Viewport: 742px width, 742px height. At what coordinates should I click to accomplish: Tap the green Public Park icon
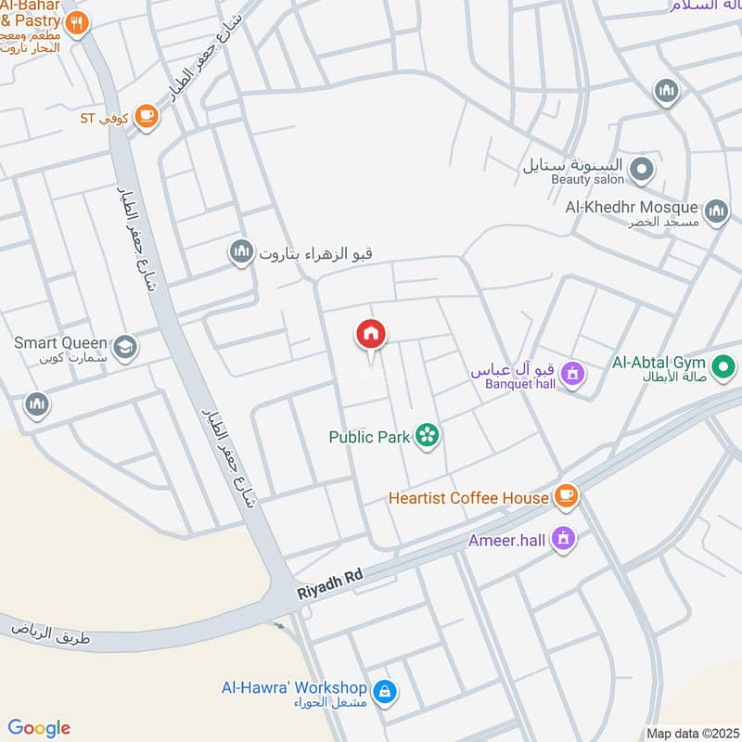point(427,434)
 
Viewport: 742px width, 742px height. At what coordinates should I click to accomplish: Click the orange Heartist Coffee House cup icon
point(566,497)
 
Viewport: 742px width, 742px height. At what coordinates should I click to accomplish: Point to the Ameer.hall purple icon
point(562,538)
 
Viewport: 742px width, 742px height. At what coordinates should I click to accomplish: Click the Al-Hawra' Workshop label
point(294,688)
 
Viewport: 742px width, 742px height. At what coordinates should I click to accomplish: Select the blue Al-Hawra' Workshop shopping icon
point(383,691)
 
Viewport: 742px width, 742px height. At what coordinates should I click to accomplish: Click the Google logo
point(38,728)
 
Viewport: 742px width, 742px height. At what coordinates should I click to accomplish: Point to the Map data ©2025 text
point(691,733)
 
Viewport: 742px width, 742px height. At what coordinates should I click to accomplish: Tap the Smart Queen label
point(60,343)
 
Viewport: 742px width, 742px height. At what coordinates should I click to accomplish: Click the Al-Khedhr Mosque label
point(632,207)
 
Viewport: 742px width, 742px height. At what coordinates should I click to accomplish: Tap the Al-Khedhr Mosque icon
point(715,212)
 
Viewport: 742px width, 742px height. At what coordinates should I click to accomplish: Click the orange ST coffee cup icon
point(146,116)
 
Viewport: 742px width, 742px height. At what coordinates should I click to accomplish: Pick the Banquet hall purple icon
point(573,374)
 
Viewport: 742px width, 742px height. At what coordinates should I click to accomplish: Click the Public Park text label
point(369,437)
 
